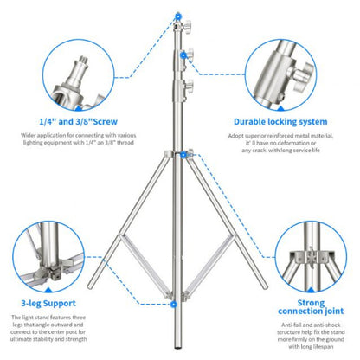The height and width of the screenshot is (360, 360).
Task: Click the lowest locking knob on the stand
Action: [185, 88]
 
